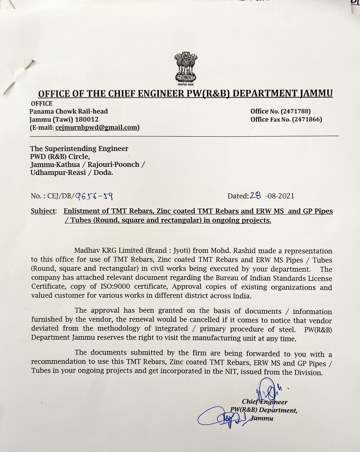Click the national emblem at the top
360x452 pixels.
[x=185, y=68]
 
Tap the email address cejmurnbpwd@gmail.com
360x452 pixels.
[x=97, y=127]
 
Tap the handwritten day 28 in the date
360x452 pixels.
[x=255, y=196]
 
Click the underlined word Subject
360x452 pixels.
[x=43, y=211]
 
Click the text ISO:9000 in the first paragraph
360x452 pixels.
[x=114, y=287]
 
